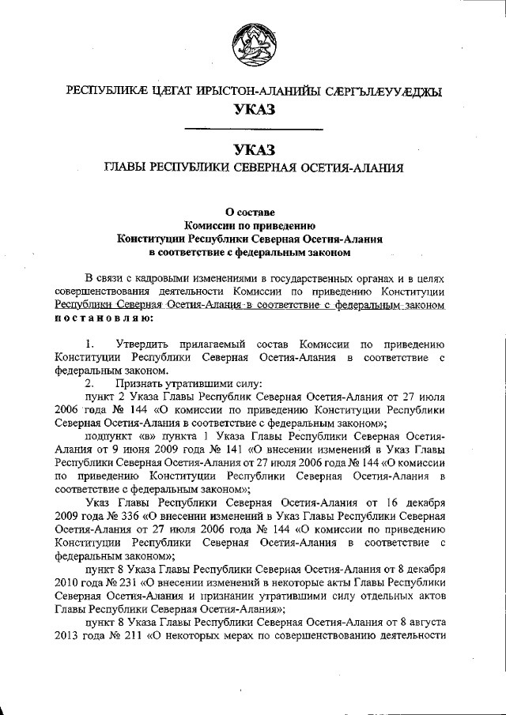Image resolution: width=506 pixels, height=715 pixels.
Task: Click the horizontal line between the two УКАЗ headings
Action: click(253, 128)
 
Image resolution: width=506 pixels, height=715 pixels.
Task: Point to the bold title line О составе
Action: click(252, 211)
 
